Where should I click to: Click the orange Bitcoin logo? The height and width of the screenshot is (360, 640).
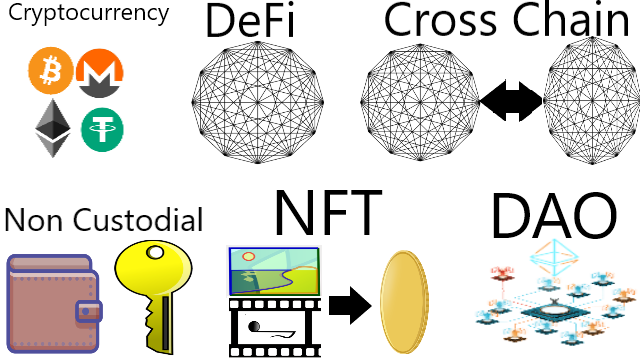click(51, 71)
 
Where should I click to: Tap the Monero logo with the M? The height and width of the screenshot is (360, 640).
click(100, 73)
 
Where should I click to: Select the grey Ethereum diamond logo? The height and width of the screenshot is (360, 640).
click(53, 128)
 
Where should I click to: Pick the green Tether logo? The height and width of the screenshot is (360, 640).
click(102, 130)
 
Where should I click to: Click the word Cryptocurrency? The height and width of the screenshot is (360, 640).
click(89, 14)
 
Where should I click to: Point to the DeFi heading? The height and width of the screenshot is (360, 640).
click(250, 20)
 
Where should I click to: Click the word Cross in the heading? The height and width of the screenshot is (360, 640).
click(441, 20)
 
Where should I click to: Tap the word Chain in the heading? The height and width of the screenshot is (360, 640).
click(571, 19)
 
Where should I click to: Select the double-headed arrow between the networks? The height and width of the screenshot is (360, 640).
click(511, 101)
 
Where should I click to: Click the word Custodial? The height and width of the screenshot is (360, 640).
click(138, 220)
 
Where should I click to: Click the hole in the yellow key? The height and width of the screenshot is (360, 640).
click(155, 252)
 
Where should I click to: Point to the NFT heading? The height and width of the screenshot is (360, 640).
click(329, 212)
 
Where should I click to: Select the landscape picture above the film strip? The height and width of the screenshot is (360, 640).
click(274, 271)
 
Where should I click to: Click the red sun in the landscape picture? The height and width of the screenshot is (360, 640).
click(249, 256)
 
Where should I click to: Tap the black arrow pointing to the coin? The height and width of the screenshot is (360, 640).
click(350, 306)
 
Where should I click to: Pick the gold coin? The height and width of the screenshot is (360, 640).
click(404, 302)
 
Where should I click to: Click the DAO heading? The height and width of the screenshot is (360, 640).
click(554, 216)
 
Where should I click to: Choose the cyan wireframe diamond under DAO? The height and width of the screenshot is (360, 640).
click(554, 257)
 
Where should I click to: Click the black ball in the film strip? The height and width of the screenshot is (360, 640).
click(254, 327)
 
